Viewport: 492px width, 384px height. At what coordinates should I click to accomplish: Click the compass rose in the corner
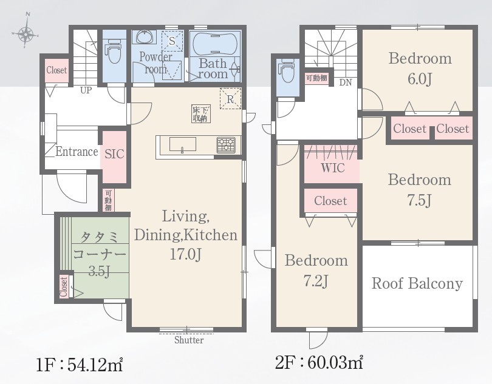click(26, 31)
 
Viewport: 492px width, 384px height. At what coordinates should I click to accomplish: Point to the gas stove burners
click(226, 145)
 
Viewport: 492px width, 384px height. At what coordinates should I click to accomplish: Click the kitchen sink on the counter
click(183, 144)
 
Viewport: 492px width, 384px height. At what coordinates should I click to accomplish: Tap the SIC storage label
click(114, 154)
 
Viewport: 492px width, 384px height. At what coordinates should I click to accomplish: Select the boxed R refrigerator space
click(231, 99)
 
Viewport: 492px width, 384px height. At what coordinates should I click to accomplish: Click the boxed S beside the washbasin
click(172, 41)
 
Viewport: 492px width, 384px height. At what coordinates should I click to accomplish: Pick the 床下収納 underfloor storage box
click(201, 114)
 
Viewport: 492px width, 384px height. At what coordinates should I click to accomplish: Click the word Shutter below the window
click(189, 340)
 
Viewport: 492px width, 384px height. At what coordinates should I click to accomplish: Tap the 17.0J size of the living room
click(185, 254)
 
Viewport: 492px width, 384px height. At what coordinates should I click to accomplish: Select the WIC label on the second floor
click(333, 168)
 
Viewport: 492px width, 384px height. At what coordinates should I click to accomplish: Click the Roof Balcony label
click(417, 283)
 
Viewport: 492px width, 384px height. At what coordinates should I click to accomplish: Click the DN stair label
click(346, 83)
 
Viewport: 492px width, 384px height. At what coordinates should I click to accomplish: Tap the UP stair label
click(86, 90)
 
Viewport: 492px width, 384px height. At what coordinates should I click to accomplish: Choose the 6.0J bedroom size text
click(420, 79)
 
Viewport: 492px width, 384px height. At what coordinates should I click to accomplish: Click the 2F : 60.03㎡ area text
click(319, 363)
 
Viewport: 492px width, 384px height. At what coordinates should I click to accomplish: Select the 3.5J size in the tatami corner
click(99, 271)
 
